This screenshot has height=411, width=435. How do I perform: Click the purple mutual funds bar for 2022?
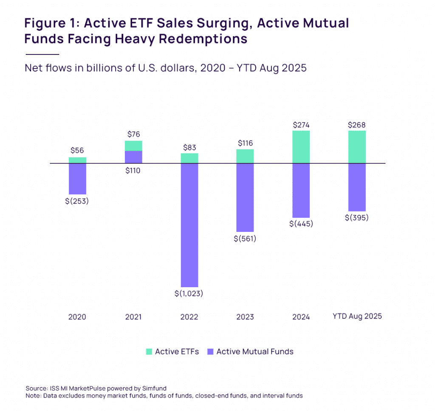[189, 225]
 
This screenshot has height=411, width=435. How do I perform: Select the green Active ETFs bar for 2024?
[301, 147]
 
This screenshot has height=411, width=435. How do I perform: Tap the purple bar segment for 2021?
[133, 157]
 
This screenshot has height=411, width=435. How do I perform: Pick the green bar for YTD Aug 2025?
[357, 147]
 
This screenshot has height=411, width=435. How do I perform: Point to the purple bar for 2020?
[78, 179]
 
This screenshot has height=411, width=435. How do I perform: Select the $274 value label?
[301, 125]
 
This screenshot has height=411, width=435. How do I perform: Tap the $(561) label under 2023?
[245, 239]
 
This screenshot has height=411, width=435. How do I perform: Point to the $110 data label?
[133, 171]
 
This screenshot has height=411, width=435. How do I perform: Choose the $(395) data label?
[357, 218]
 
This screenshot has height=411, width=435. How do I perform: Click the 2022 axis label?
[189, 317]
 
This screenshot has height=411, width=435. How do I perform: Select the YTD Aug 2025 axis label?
[357, 317]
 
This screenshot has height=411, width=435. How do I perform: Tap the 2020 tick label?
[77, 317]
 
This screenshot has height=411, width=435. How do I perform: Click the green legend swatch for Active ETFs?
[149, 351]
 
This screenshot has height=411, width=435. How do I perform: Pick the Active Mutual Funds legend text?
[255, 351]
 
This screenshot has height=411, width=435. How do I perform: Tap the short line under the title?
[42, 54]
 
